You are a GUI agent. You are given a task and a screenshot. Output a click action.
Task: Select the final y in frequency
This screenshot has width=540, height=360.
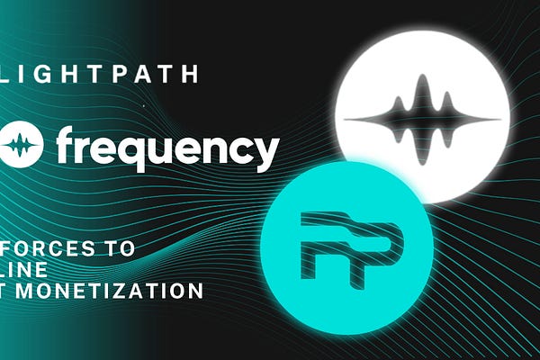pyautogui.click(x=264, y=151)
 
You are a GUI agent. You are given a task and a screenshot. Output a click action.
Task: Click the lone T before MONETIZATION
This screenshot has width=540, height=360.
pyautogui.click(x=7, y=291)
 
